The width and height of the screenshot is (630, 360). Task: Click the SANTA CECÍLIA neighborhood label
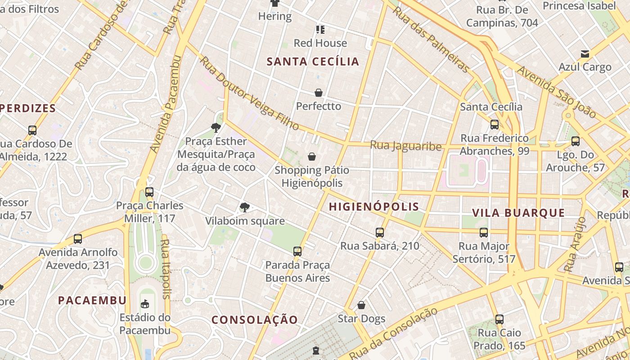coord(313,62)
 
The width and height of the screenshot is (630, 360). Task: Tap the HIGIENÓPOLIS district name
coord(374,207)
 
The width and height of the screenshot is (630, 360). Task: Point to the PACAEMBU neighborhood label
coord(92,300)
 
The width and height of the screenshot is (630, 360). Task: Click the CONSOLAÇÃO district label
coord(255,319)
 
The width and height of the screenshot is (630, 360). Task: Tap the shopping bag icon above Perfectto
coord(319,93)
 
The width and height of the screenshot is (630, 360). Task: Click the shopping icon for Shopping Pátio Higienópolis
coord(311,157)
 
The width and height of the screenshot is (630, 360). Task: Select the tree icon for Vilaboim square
coord(245,207)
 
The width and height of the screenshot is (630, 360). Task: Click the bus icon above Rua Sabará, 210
coord(380,233)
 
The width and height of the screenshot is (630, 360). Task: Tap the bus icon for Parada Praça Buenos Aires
coord(297,252)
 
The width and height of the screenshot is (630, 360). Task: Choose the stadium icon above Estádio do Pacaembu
coord(145,304)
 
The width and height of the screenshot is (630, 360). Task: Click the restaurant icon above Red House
coord(320,30)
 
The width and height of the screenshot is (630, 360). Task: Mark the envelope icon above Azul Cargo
coord(585,54)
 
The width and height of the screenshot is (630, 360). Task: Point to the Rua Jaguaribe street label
coord(405,146)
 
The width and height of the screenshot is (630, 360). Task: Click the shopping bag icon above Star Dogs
coord(361,305)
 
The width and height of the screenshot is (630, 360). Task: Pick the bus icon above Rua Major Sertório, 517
coord(484,233)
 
